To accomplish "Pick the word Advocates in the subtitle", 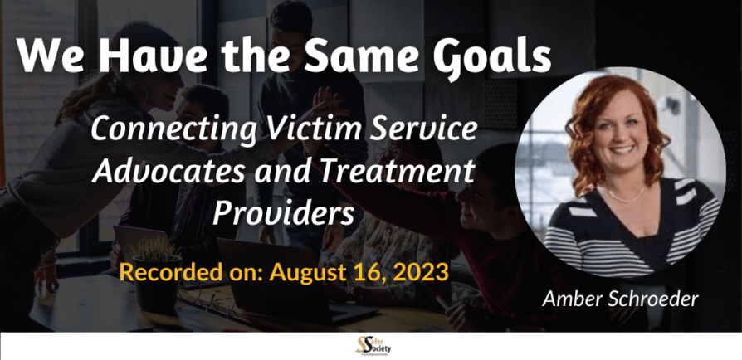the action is (168, 170).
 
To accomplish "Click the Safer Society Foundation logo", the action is (373, 346).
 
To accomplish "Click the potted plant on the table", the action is (157, 274).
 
